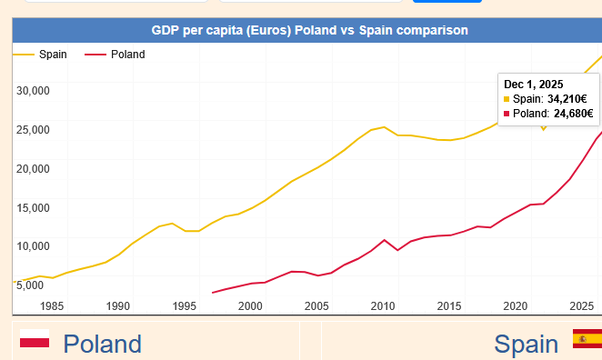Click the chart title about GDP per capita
pos(309,30)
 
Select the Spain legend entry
pos(40,55)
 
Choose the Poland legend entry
pos(115,55)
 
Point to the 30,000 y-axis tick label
pos(33,91)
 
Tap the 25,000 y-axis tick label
pos(33,130)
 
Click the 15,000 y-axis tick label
pos(33,208)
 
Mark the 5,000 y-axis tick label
pos(30,285)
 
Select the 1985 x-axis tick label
pos(52,305)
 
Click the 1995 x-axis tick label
pos(185,305)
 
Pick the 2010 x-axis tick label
pos(383,305)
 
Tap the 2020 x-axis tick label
pos(516,305)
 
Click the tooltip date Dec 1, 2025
pos(533,85)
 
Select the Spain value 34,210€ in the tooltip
pos(567,99)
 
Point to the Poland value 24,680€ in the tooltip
pos(573,114)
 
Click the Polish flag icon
pos(35,338)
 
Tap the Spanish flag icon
pos(587,338)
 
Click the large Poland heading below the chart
pos(102,344)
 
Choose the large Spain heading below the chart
pos(526,344)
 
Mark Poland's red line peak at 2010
pos(385,240)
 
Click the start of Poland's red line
pos(213,293)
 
